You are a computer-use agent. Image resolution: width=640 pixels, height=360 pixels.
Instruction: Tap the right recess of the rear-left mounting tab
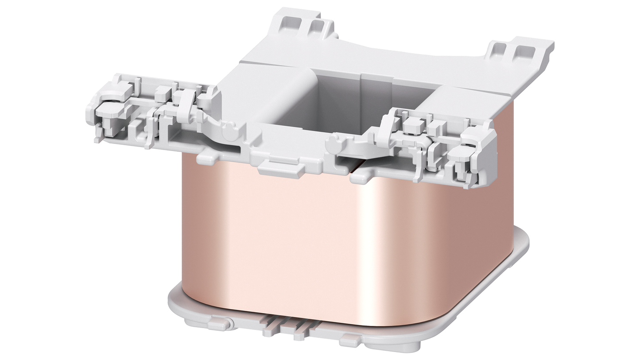(x=315, y=27)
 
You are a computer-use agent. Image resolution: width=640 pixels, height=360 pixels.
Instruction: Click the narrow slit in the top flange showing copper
(x=357, y=167)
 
